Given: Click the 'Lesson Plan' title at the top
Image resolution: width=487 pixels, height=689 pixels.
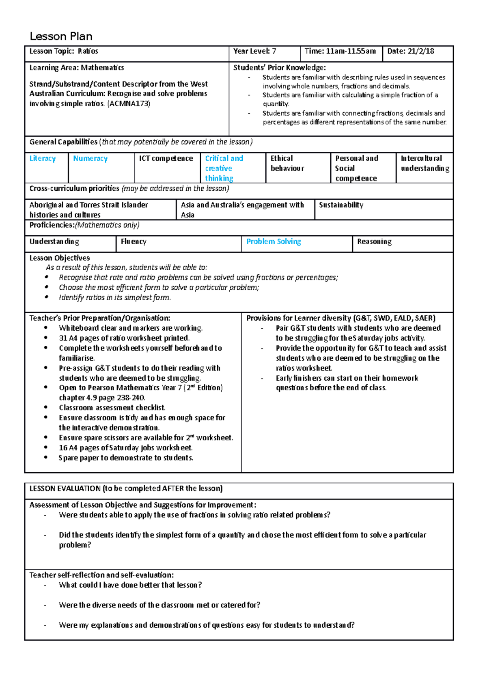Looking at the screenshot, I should tap(61, 37).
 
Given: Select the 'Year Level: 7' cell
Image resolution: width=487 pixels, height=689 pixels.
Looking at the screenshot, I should tap(254, 52).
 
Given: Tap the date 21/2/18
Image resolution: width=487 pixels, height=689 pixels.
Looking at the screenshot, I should tap(420, 52).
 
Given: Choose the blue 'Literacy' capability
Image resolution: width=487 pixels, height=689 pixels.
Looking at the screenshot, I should tap(42, 159).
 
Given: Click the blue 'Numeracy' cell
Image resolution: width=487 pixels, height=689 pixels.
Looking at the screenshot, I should tap(90, 159).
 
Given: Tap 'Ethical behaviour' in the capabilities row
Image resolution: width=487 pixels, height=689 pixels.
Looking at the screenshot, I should tap(287, 164).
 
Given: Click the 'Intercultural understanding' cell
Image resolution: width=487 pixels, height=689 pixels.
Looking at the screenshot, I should tap(425, 164).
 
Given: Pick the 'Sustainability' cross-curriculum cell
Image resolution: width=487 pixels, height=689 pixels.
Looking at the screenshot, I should tap(341, 205).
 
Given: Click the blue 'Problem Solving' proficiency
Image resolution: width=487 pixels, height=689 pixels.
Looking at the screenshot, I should tap(274, 242).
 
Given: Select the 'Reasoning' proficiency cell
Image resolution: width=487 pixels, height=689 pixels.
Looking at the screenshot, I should tap(374, 242).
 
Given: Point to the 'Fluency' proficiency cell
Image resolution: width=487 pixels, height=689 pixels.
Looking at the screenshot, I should tap(134, 242).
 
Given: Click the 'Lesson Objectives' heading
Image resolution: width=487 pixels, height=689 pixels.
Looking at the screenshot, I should tap(60, 258).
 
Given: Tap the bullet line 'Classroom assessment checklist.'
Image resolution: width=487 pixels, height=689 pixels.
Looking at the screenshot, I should tap(112, 408).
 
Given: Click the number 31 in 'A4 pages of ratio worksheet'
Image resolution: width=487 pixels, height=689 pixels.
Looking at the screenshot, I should tap(63, 338).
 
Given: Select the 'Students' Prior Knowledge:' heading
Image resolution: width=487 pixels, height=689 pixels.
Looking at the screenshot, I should tap(279, 68).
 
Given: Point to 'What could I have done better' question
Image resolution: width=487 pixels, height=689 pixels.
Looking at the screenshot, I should tap(130, 585).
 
